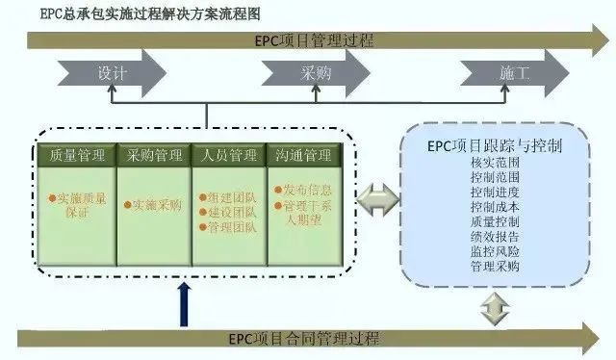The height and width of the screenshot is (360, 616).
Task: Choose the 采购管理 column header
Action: click(x=154, y=154)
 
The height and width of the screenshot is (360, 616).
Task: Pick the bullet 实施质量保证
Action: click(x=82, y=205)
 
